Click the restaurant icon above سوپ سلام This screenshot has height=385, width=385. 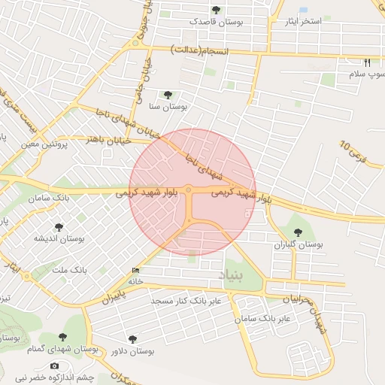click(367, 62)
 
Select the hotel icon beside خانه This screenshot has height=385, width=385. click(135, 271)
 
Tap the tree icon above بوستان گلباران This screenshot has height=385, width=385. click(298, 232)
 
